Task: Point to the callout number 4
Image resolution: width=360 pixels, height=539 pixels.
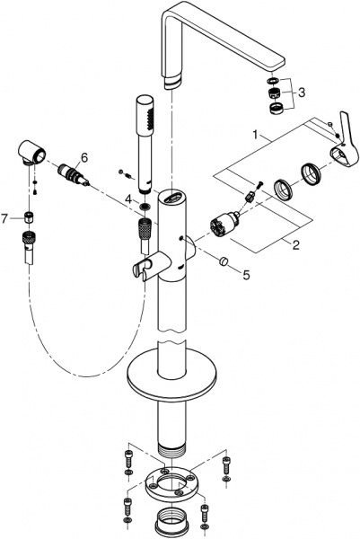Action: pos(128,198)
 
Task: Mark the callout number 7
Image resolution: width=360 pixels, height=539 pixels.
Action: pos(5,216)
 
